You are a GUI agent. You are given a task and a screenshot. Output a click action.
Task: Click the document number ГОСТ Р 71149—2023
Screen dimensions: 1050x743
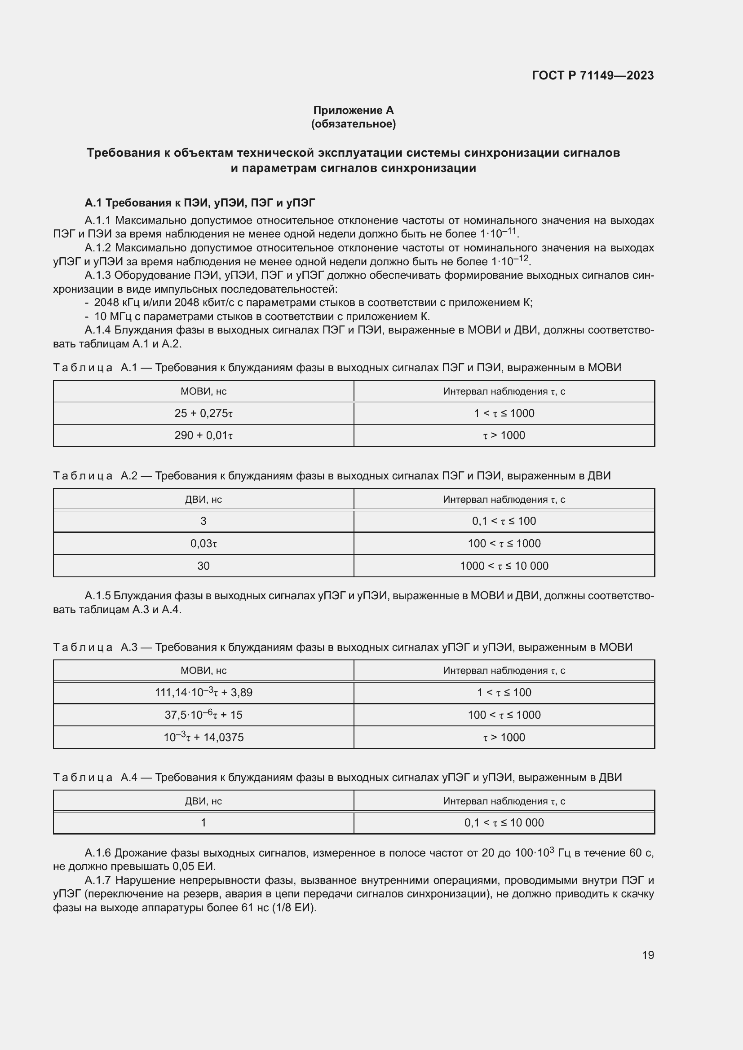pos(593,75)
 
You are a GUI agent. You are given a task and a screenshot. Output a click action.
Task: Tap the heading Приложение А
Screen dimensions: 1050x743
pos(353,110)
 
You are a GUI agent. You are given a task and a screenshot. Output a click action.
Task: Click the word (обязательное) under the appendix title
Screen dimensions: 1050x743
pos(353,124)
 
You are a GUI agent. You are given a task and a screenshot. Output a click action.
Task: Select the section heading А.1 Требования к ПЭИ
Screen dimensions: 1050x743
pos(200,202)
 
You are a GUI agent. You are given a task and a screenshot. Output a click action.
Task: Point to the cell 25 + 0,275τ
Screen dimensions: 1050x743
pos(203,413)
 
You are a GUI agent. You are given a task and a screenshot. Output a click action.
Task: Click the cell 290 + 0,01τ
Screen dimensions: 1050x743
pos(203,435)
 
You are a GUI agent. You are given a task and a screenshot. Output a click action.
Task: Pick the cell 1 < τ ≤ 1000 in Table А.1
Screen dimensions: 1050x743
pos(504,413)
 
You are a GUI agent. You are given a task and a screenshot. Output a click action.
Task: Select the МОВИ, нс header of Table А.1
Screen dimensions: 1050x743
pos(203,391)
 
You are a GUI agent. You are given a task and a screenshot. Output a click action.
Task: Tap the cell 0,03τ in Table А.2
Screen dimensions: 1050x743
pos(203,543)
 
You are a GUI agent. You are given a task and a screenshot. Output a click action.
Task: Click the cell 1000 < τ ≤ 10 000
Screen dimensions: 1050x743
pos(504,566)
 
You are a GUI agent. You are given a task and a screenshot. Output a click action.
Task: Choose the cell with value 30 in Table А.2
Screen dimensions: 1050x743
pos(203,566)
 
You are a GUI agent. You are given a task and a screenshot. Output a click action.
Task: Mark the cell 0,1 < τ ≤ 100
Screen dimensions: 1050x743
pos(504,521)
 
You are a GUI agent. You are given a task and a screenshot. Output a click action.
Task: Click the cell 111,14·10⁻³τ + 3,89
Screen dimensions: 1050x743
pos(203,692)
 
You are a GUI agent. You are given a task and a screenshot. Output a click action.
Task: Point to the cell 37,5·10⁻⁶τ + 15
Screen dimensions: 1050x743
pos(203,715)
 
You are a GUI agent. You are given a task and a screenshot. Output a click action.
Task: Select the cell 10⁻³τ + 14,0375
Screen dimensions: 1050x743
pos(203,737)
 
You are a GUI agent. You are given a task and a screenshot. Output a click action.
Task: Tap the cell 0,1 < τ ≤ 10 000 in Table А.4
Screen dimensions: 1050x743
pos(504,823)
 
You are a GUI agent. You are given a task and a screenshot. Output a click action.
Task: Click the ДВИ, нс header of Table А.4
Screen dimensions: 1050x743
pos(203,801)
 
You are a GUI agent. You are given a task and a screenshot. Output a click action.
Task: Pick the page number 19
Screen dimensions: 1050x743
pos(648,955)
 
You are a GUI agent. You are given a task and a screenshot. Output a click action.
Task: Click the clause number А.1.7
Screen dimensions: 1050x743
pos(98,880)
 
